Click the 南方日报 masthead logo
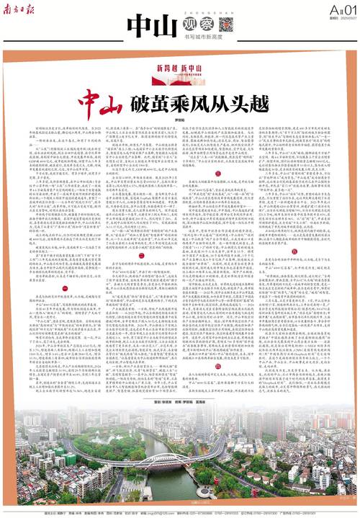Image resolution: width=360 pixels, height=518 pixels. click(x=19, y=10)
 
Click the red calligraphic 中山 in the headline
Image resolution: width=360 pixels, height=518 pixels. click(x=102, y=98)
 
